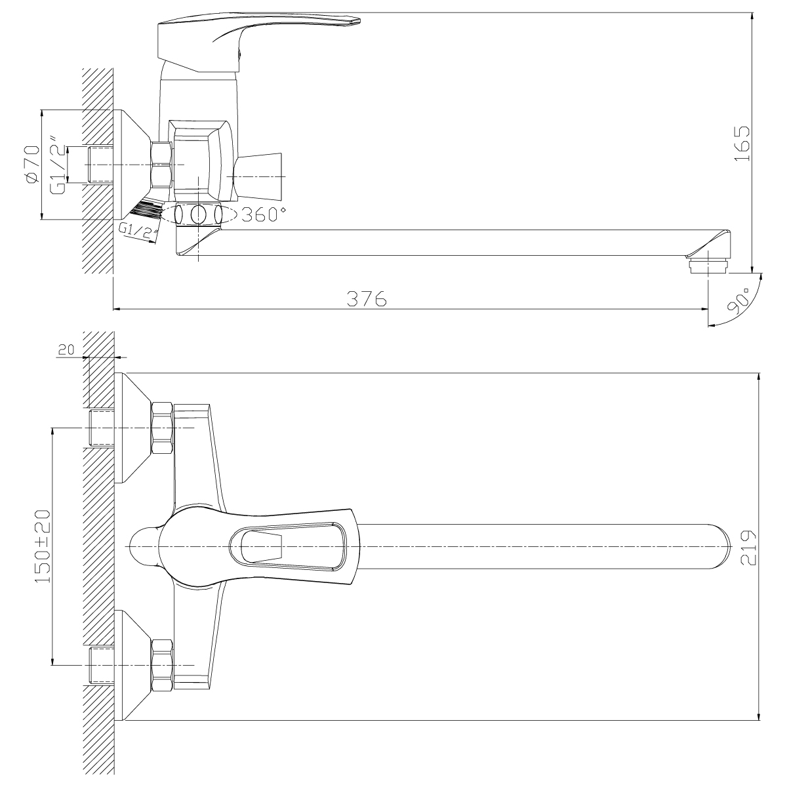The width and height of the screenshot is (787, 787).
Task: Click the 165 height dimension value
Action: click(x=742, y=144)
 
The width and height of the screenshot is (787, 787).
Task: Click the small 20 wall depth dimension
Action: click(x=66, y=350)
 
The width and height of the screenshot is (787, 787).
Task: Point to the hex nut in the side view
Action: click(x=161, y=164)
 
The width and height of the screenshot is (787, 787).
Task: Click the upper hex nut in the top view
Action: click(x=162, y=428)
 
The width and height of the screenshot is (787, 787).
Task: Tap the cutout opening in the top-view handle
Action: click(x=262, y=546)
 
